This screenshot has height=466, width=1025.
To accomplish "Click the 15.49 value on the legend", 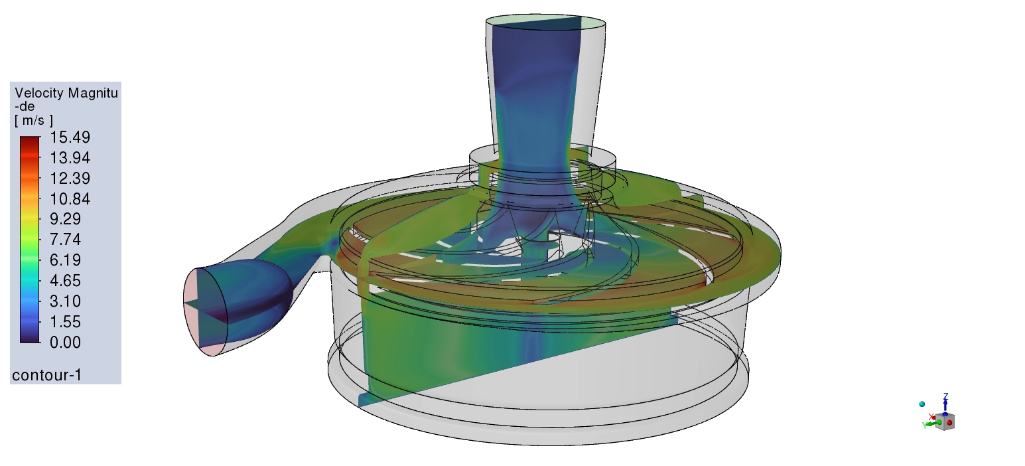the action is tap(70, 137).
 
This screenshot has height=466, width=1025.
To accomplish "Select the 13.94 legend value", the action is tap(70, 158).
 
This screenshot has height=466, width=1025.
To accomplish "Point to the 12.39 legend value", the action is tap(70, 179).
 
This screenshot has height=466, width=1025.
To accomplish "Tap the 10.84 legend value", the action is tap(70, 199).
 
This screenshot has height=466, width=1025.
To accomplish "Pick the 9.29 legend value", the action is tap(66, 219).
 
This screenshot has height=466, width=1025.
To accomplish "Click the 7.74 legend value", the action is tap(66, 240).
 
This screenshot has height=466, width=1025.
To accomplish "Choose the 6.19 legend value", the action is tap(66, 260).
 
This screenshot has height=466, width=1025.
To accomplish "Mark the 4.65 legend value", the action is tap(66, 281).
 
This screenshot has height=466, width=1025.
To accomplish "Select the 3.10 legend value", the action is tap(66, 301).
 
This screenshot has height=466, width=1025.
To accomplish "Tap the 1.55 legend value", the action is tap(66, 322).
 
